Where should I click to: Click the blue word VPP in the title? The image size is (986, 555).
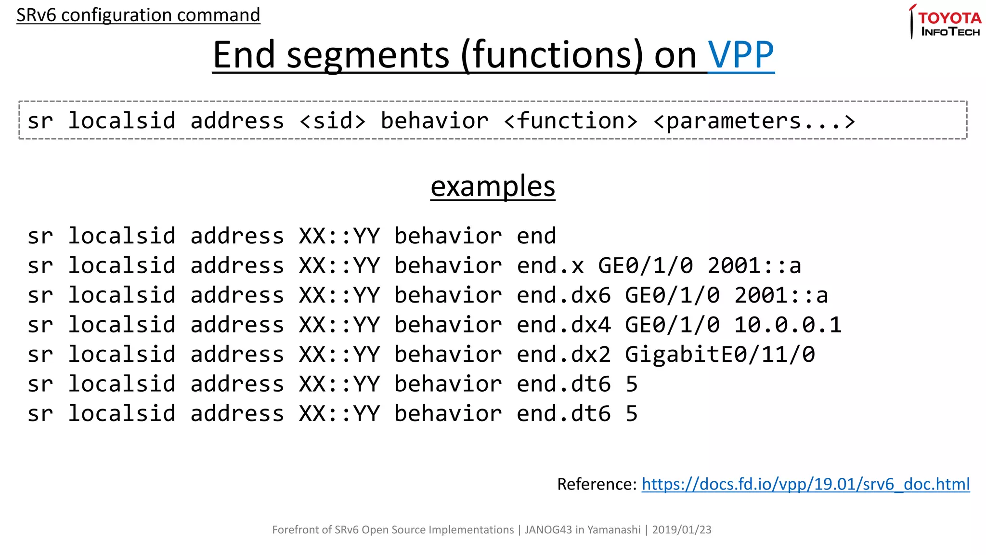(741, 55)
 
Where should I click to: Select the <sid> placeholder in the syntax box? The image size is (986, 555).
(333, 121)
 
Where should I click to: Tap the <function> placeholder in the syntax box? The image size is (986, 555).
(571, 121)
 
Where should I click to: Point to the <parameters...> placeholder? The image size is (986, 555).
(754, 121)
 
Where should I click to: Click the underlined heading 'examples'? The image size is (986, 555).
(493, 186)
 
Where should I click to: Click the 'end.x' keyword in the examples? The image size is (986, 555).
(550, 266)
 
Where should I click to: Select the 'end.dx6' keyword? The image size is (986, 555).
(564, 295)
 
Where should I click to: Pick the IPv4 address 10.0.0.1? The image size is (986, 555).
(788, 325)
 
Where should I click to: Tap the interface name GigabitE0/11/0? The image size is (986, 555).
(720, 355)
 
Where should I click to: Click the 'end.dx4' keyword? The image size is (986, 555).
(564, 325)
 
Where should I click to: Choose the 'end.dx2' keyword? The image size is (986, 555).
(564, 355)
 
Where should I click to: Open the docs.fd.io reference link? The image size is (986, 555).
(805, 484)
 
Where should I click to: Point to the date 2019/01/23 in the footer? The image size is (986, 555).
(681, 530)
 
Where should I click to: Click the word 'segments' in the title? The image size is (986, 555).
(368, 55)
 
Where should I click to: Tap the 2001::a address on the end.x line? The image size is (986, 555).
(754, 266)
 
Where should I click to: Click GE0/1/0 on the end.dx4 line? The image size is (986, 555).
(672, 325)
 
